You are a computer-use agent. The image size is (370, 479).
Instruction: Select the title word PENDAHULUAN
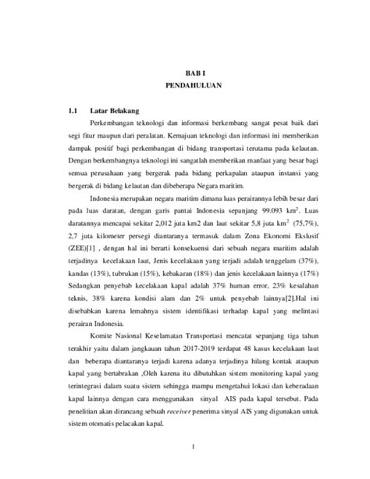[x=185, y=82]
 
